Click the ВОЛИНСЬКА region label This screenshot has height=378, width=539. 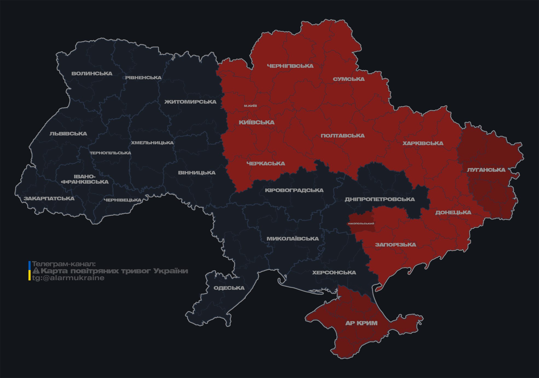[x=92, y=74]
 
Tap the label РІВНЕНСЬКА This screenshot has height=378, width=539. [x=143, y=78]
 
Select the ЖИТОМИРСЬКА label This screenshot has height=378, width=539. [x=190, y=102]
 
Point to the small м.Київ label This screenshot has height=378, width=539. [x=250, y=106]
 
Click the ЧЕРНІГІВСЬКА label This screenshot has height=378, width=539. [x=290, y=66]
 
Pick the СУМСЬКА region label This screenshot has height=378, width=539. [x=349, y=79]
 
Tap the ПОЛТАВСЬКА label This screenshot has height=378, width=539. [x=343, y=136]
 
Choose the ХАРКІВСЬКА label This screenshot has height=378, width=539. [x=423, y=143]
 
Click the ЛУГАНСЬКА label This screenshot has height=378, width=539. [x=486, y=170]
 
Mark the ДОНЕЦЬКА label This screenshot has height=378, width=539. [x=453, y=213]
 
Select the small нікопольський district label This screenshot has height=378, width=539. [x=361, y=224]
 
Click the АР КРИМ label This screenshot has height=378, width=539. [x=361, y=323]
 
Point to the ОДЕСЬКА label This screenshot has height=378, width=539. [x=229, y=288]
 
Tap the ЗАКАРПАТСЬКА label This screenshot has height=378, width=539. [x=49, y=199]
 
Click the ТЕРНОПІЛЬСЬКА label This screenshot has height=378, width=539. [x=110, y=153]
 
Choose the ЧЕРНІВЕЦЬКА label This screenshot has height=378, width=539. [x=123, y=200]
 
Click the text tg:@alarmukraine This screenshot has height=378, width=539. [x=68, y=278]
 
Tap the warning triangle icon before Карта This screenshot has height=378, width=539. [x=36, y=271]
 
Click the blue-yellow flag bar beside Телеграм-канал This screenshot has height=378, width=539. [x=30, y=271]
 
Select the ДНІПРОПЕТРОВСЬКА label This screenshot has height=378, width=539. [x=380, y=200]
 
